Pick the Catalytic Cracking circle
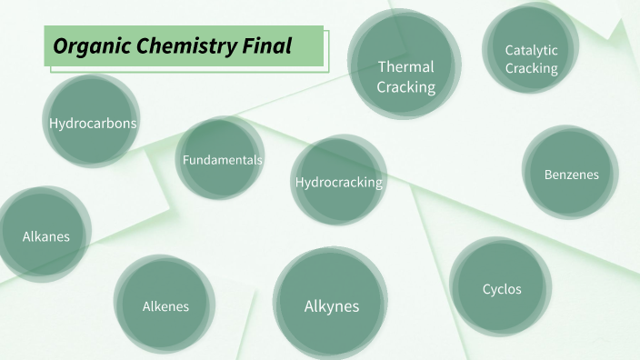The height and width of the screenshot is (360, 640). pos(531,51)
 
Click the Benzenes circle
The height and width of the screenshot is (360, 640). pos(571,173)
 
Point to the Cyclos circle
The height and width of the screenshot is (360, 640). pos(501,287)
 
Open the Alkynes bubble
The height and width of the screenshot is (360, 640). pos(331,305)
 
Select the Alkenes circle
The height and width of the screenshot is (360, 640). pos(165,305)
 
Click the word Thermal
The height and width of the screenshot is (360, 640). pos(405,66)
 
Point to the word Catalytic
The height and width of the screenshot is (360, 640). pos(531,50)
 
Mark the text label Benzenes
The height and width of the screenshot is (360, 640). pos(571,174)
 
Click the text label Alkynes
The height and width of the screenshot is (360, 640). pos(331,305)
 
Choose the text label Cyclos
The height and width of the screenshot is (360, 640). pos(501,289)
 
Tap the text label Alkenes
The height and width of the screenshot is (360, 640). pos(165,306)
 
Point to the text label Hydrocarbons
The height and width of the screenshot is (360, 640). pos(93,123)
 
